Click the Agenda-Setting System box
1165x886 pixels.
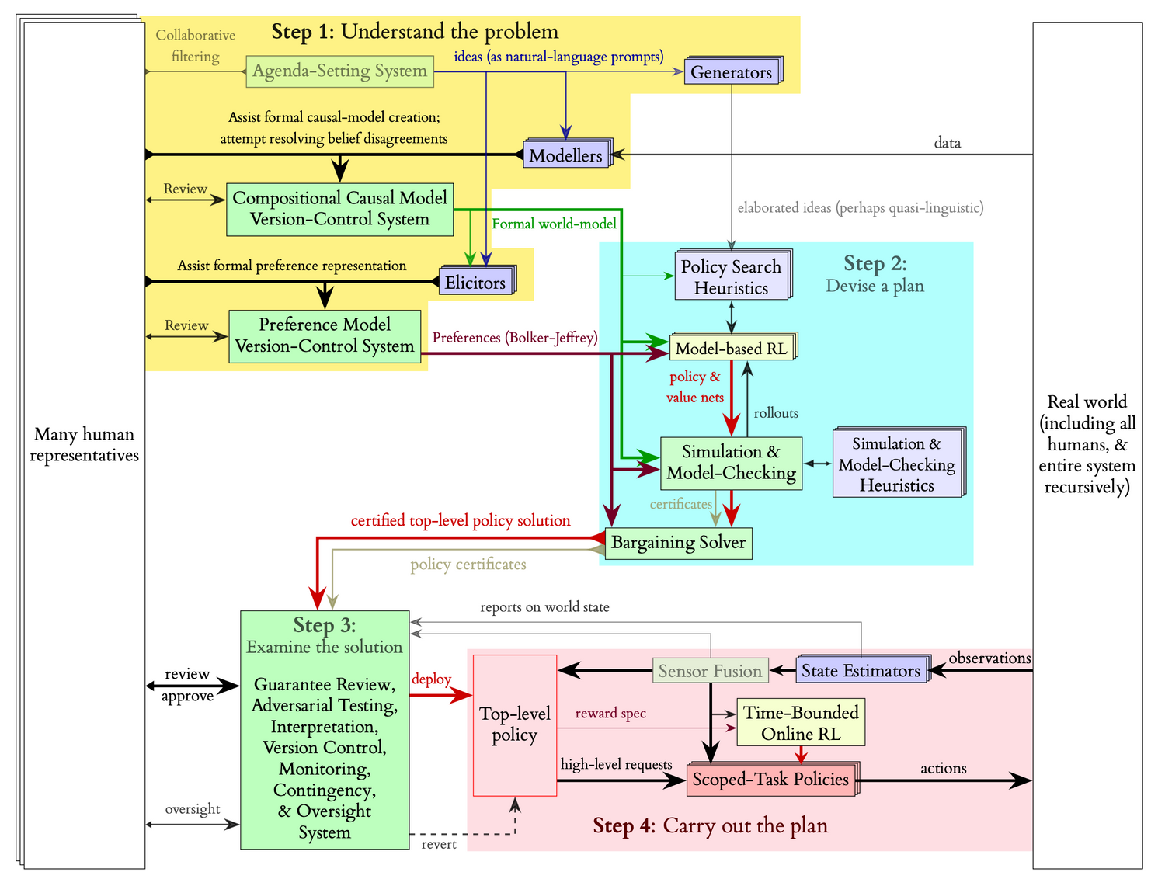tap(339, 71)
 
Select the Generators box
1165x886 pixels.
tap(731, 72)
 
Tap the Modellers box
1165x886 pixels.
tap(565, 155)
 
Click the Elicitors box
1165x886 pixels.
tap(475, 283)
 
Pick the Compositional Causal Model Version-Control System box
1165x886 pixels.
tap(339, 209)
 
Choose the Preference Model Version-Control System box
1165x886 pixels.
tap(325, 335)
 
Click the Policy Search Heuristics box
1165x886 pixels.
tap(731, 277)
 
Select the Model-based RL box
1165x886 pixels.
tap(731, 349)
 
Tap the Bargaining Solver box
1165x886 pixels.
tap(678, 543)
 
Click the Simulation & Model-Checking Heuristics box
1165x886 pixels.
tap(897, 464)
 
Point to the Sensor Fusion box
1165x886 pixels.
tap(710, 671)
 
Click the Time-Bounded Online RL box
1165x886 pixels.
tap(801, 723)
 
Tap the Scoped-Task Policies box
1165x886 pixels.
tap(770, 780)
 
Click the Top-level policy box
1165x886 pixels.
tap(514, 724)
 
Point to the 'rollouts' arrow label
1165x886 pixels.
tap(776, 413)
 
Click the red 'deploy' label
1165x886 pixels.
tap(431, 679)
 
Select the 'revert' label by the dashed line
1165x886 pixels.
tap(439, 844)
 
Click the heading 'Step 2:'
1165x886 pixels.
tap(875, 264)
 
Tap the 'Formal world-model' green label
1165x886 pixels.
tap(554, 224)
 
